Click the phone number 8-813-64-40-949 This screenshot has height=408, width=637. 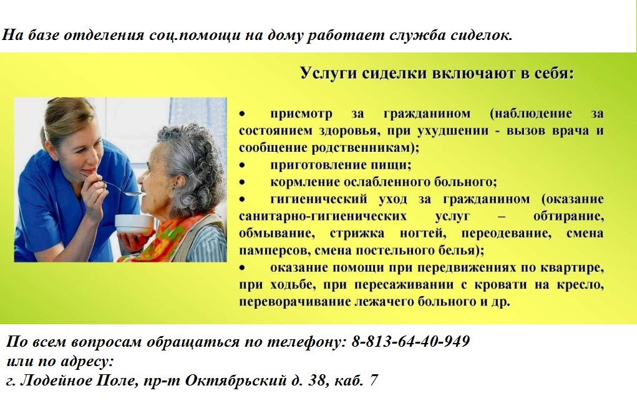(411, 341)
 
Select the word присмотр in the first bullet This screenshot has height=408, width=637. (301, 114)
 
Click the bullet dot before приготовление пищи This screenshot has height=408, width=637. (242, 165)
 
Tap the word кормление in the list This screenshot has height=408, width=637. (304, 182)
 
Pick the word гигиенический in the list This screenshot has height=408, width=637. (318, 199)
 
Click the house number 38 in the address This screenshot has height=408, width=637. (318, 381)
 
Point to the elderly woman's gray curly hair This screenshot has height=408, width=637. (191, 162)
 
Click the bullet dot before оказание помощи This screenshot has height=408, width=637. (242, 267)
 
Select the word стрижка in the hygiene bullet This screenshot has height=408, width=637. (357, 234)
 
